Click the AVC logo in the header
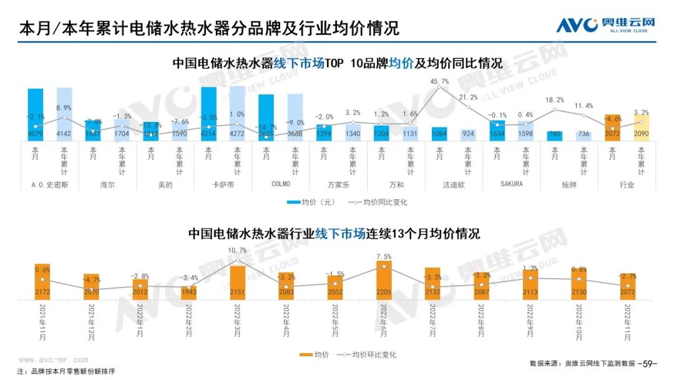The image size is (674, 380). pos(605,26)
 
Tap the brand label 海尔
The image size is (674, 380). pos(107,185)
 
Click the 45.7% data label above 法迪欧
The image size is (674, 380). pos(439,81)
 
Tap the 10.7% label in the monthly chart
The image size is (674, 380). pos(238,251)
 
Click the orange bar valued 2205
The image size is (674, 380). pos(384,282)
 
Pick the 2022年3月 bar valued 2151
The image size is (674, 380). pos(238,283)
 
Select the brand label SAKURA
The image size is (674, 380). pos(511,185)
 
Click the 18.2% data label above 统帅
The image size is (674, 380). pos(555,99)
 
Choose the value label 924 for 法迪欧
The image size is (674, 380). pos(468,133)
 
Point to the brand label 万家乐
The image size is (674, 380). pos(338,185)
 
